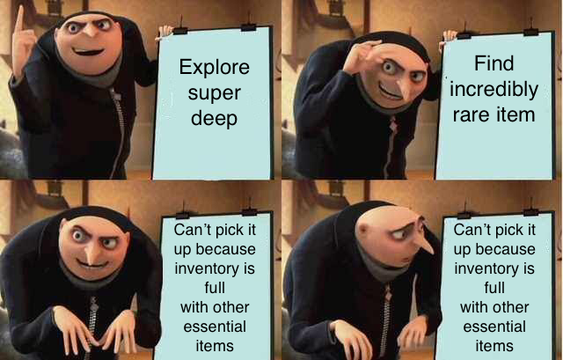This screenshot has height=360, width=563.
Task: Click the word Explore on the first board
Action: (215, 67)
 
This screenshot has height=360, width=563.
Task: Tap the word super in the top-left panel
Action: (215, 94)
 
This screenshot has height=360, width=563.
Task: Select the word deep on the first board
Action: (215, 118)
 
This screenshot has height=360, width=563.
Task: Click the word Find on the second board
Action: (494, 63)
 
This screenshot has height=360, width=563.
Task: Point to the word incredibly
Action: (494, 90)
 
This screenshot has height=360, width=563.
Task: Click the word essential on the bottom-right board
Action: (494, 327)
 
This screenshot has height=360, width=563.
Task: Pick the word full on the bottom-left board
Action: (215, 288)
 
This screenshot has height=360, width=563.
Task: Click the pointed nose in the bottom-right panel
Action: (424, 245)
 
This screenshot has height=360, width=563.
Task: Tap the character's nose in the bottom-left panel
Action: (92, 255)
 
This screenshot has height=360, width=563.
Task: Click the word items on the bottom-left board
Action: (215, 346)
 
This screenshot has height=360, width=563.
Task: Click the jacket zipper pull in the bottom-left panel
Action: (94, 305)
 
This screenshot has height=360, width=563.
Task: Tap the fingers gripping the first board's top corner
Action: (165, 32)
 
